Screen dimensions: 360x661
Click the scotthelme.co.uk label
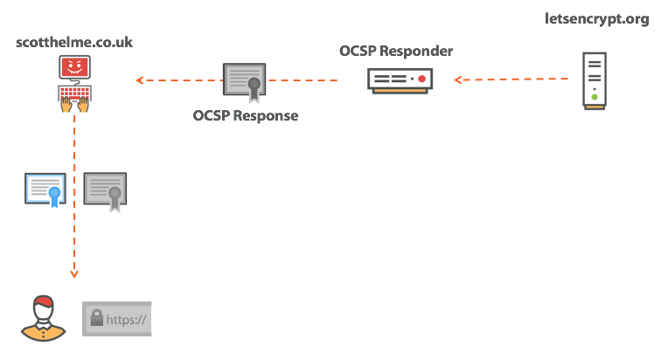[x=73, y=41]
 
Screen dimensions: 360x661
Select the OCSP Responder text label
[x=396, y=51]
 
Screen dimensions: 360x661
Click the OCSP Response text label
[x=245, y=115]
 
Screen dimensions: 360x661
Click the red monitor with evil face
[x=74, y=68]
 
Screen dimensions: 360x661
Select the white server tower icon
[x=595, y=80]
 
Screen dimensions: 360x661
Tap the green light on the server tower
[x=595, y=96]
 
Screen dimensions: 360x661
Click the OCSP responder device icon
[x=399, y=80]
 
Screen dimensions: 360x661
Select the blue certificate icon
[x=45, y=190]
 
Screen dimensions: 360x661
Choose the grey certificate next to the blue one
[x=106, y=190]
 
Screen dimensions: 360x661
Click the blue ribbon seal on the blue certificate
[x=55, y=195]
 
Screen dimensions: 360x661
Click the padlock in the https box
[x=96, y=319]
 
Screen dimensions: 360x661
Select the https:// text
[x=127, y=320]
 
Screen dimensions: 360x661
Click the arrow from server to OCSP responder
[x=511, y=80]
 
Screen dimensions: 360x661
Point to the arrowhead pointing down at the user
[x=74, y=274]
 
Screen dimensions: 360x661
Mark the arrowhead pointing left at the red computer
[x=140, y=80]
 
